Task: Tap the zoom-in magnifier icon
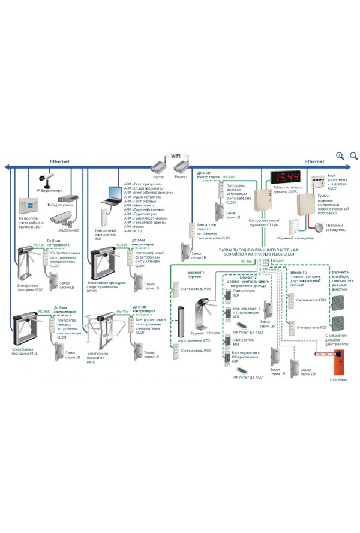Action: click(340, 156)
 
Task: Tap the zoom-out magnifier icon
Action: click(353, 156)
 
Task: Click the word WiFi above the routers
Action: click(176, 155)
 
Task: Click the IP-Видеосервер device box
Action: click(67, 199)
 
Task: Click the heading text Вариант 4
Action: click(340, 272)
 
